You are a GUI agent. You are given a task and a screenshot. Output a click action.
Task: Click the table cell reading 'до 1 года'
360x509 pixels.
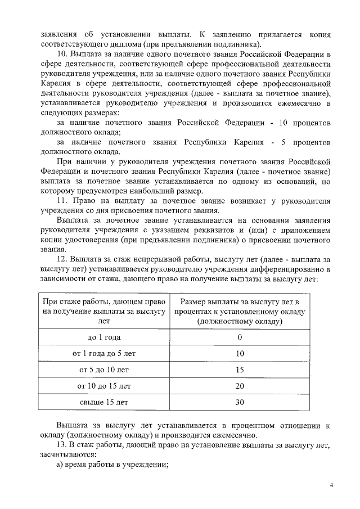point(104,337)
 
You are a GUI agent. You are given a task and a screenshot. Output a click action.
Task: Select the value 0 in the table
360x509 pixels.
point(240,337)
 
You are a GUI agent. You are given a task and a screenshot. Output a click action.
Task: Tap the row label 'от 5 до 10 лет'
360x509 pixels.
point(104,370)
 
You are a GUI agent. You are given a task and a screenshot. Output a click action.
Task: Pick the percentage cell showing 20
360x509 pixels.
point(240,386)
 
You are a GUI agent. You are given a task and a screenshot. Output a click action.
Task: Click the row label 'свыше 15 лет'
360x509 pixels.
point(104,403)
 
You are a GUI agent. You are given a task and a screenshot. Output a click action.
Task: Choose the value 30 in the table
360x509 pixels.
point(240,403)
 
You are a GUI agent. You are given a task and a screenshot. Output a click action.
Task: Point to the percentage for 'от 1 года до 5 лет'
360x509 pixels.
point(240,354)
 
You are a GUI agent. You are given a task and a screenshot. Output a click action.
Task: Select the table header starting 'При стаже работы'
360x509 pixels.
point(104,311)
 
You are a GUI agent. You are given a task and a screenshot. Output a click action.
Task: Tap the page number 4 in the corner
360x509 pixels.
point(331,485)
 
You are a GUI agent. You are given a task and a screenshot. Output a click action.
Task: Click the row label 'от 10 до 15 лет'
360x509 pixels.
point(104,386)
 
